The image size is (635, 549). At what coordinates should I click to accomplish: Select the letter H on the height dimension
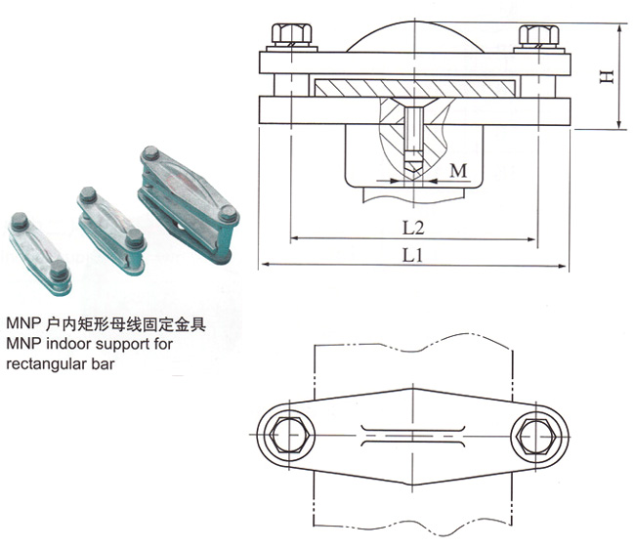[x=607, y=75]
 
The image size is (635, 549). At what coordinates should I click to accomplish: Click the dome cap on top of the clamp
[x=414, y=32]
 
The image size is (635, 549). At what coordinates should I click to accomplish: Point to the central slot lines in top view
[x=414, y=431]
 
